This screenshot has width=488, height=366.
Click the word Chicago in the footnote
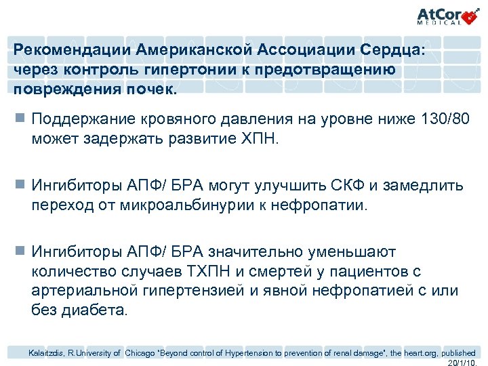pyautogui.click(x=141, y=352)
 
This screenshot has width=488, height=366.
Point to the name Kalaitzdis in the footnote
pyautogui.click(x=45, y=352)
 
